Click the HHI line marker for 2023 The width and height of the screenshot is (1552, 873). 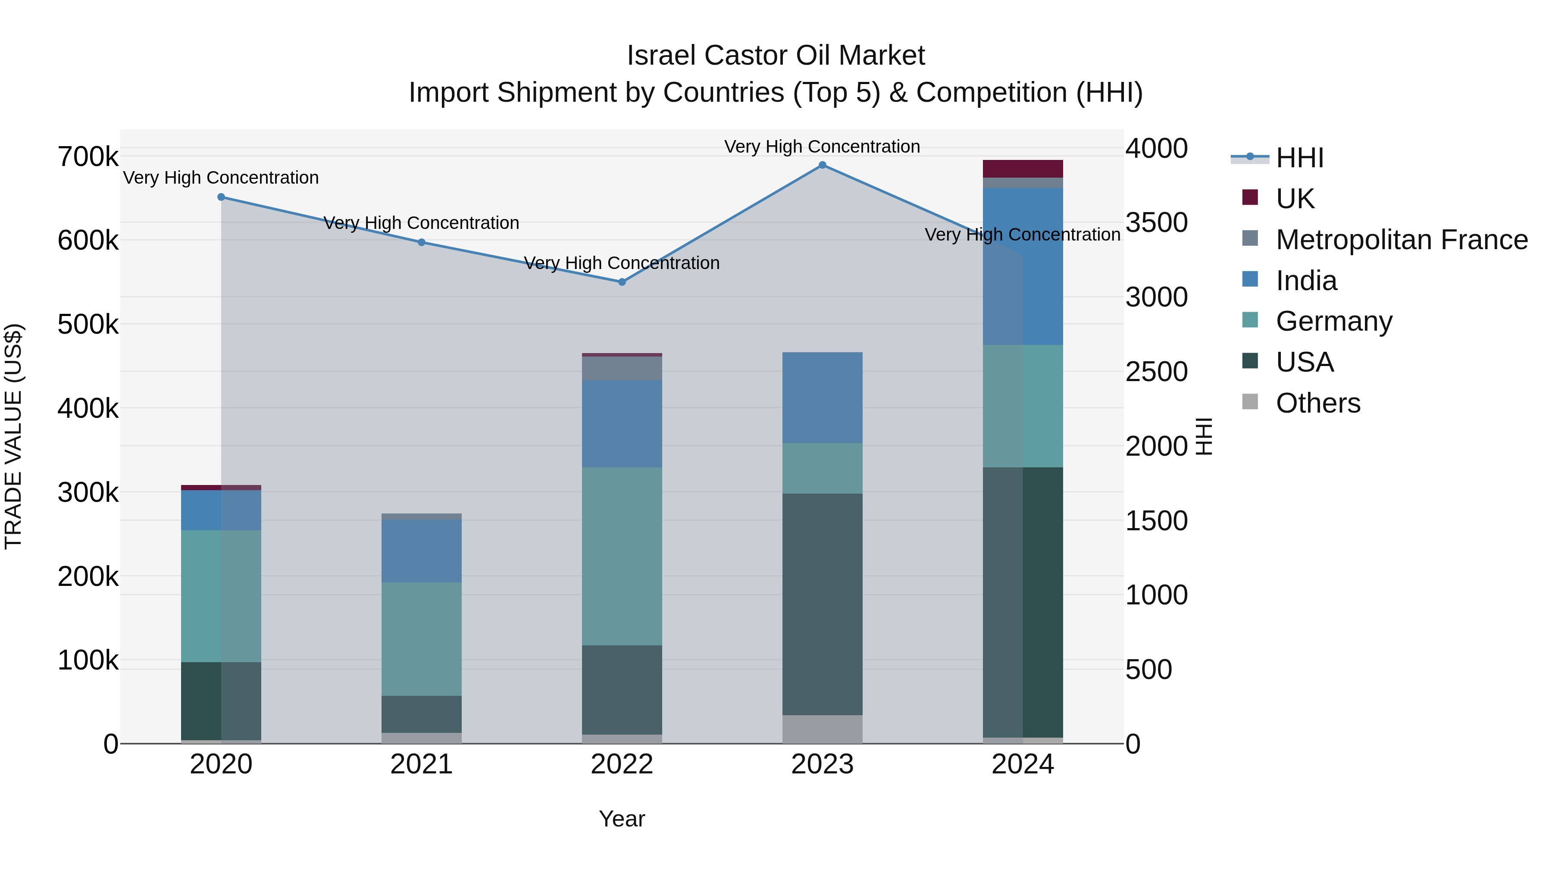coord(823,165)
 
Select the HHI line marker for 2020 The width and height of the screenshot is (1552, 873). coord(221,197)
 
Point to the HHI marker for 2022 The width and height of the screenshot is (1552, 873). coord(623,282)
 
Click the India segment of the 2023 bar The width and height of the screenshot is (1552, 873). coord(823,397)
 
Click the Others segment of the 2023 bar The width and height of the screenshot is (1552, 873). coord(823,729)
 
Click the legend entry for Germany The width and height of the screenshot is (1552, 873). coord(1334,321)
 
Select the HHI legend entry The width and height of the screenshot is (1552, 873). coord(1299,158)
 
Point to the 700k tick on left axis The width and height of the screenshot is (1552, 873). coord(88,157)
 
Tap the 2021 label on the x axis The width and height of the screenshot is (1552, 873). coord(421,764)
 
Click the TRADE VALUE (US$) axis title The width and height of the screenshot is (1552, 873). coord(13,436)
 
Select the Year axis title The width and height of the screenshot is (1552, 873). coord(622,819)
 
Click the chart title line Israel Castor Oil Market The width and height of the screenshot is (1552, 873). coord(776,56)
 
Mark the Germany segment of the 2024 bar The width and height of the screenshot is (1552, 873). coord(1023,406)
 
